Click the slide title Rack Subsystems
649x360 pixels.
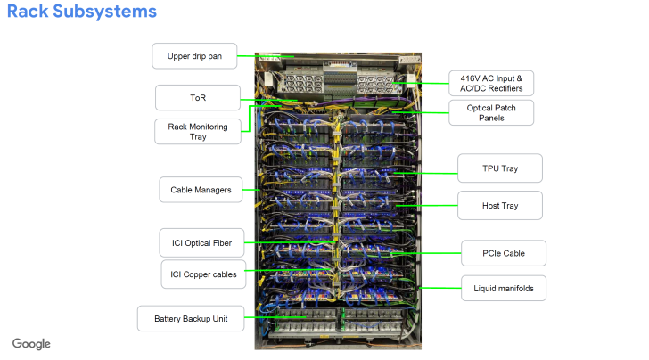click(x=82, y=12)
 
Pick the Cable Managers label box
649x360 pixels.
click(x=201, y=189)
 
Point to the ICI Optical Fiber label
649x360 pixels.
click(x=201, y=241)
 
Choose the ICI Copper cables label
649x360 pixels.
click(x=203, y=274)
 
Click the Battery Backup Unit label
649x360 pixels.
click(x=190, y=318)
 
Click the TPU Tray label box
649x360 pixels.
click(x=500, y=168)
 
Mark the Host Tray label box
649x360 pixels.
click(x=500, y=205)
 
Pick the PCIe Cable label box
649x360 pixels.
click(x=504, y=254)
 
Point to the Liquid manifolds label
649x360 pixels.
click(x=504, y=287)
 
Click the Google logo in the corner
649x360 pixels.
click(x=31, y=344)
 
